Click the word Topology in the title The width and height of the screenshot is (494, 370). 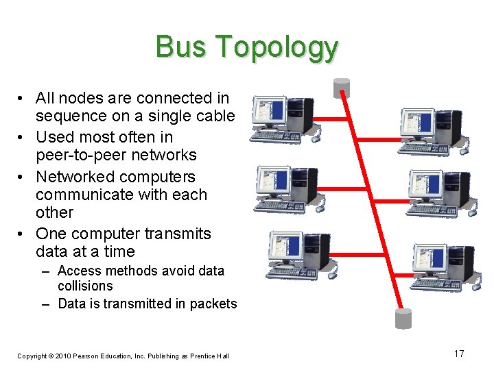tap(277, 48)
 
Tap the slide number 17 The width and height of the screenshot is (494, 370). tap(459, 354)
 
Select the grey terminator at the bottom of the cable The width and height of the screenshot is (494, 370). tap(403, 318)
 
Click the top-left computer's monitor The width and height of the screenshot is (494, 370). tap(268, 112)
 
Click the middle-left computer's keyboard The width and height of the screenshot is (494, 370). tap(277, 204)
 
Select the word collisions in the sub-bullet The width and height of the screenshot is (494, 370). tap(85, 286)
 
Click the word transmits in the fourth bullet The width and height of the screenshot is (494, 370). tap(178, 234)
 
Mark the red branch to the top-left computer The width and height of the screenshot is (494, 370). tap(331, 116)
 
